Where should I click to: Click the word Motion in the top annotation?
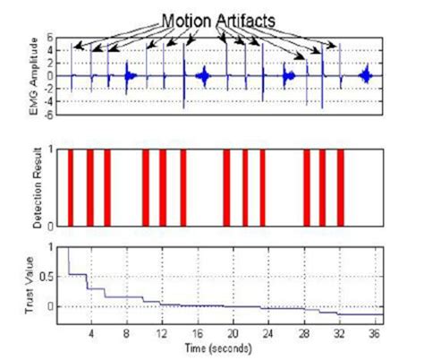point(184,17)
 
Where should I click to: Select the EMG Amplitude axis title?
point(35,76)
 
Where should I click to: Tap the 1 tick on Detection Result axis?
point(60,149)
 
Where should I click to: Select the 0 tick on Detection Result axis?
point(60,225)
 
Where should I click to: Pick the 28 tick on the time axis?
point(304,332)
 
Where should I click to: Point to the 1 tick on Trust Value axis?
point(60,245)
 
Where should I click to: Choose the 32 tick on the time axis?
point(339,332)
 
